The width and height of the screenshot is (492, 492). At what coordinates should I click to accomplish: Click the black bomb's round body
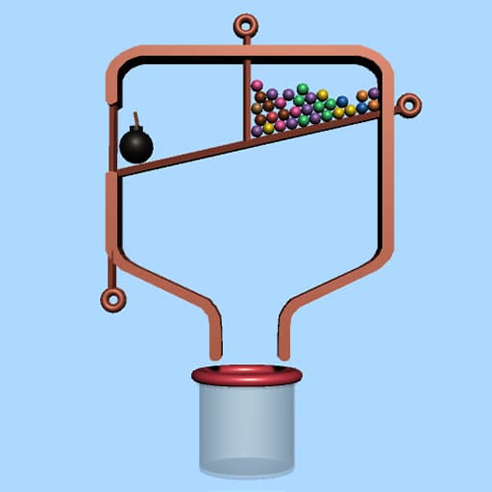pos(136,146)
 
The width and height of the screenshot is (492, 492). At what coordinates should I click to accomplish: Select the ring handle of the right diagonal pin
pos(407,104)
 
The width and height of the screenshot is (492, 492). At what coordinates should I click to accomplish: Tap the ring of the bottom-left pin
pos(114,300)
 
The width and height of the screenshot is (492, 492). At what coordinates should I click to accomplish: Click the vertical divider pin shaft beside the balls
pos(247,96)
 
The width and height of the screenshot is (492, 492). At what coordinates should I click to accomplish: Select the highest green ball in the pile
pos(302,88)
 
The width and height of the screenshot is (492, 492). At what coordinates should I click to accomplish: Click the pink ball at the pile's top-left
pos(258,86)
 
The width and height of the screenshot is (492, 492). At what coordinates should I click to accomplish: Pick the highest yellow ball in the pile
pos(323,95)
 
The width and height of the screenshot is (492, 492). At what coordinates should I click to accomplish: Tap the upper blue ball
pos(342,101)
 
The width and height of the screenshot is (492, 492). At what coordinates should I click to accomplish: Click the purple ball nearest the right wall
pos(374,93)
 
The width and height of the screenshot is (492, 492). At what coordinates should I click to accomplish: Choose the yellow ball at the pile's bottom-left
pos(268,128)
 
